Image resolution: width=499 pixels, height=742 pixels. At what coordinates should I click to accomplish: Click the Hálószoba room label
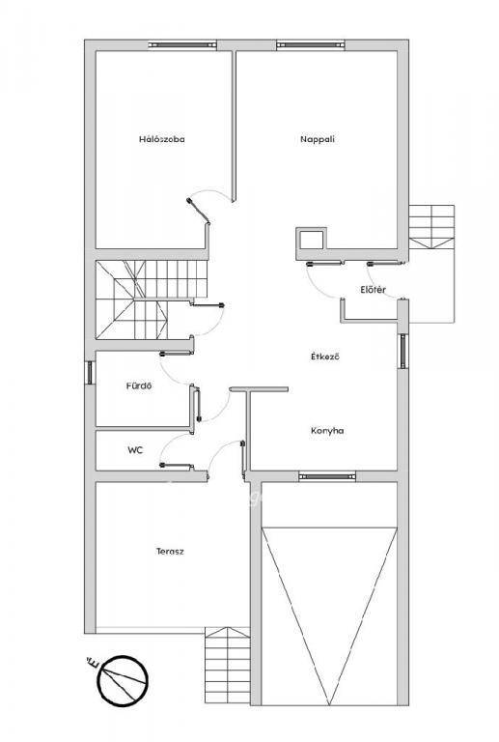[x=161, y=139]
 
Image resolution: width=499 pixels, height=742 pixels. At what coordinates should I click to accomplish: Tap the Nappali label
[x=318, y=139]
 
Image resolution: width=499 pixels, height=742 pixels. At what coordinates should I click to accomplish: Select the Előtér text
[x=374, y=290]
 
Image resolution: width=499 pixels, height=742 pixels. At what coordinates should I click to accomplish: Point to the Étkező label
[x=325, y=357]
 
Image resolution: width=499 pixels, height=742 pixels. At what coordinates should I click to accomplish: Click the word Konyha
[x=327, y=431]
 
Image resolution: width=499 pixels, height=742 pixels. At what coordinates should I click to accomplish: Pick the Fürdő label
[x=139, y=385]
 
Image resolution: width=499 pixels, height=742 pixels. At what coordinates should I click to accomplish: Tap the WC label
[x=135, y=450]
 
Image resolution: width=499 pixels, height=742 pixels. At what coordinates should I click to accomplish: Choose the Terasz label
[x=170, y=551]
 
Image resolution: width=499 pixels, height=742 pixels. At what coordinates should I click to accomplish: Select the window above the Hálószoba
[x=182, y=45]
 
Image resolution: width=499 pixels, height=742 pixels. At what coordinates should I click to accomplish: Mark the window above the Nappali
[x=311, y=45]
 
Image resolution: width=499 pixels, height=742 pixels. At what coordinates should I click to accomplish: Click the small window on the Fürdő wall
[x=90, y=373]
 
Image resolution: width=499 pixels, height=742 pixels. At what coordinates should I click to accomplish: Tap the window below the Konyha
[x=327, y=476]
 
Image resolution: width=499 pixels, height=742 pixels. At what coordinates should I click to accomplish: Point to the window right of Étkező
[x=403, y=351]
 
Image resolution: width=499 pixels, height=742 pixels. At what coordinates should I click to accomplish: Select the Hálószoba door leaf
[x=199, y=211]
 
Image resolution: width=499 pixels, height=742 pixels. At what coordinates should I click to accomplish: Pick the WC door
[x=176, y=466]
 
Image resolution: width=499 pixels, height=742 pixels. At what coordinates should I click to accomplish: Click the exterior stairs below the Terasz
[x=227, y=666]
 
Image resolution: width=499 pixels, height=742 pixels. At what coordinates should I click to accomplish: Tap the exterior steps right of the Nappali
[x=431, y=227]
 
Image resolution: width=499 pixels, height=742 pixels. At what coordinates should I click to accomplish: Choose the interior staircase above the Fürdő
[x=152, y=300]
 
